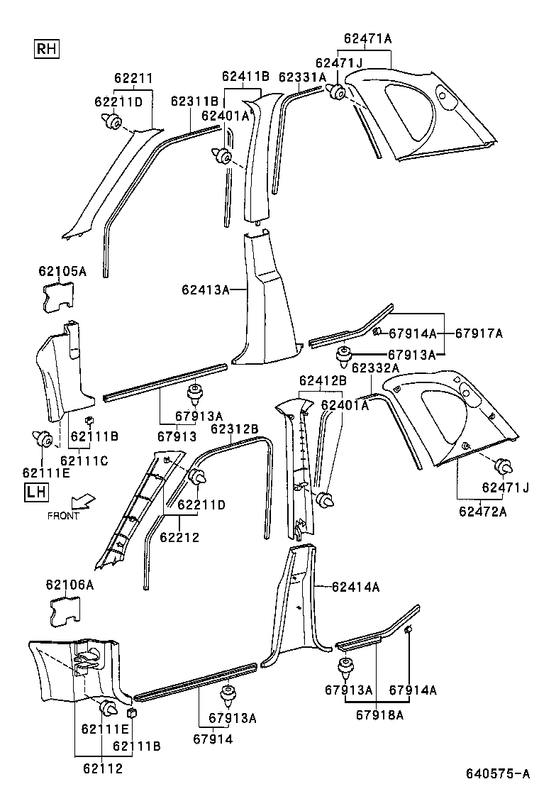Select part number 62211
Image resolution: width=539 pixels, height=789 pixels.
pyautogui.click(x=134, y=79)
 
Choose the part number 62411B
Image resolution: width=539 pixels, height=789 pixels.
pyautogui.click(x=245, y=76)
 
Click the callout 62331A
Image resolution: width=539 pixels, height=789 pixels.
pyautogui.click(x=302, y=77)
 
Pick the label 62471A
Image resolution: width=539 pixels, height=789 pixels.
pyautogui.click(x=367, y=39)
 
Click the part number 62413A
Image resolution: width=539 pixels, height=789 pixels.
pyautogui.click(x=206, y=289)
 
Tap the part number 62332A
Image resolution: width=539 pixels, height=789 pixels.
pyautogui.click(x=375, y=368)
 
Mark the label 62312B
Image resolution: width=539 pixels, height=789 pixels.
pyautogui.click(x=234, y=429)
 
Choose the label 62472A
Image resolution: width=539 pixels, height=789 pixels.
pyautogui.click(x=482, y=511)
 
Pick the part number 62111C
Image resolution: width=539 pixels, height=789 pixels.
pyautogui.click(x=84, y=461)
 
